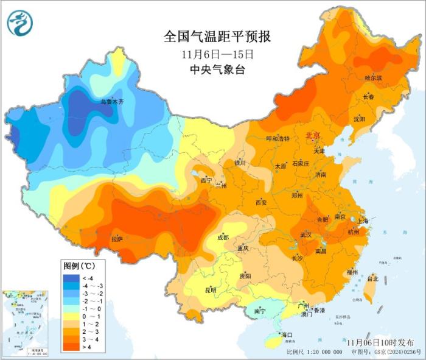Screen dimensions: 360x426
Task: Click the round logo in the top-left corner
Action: (x=21, y=22)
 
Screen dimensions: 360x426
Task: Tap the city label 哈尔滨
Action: (x=372, y=78)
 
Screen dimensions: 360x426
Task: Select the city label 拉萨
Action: (x=117, y=239)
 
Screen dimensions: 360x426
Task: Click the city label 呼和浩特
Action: (x=279, y=138)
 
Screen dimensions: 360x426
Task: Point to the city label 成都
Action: (x=223, y=238)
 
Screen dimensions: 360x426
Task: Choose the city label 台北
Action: (x=372, y=278)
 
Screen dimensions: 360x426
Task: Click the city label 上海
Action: (x=363, y=221)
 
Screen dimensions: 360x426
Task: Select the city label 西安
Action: (x=261, y=202)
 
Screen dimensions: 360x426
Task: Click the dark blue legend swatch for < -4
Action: (x=69, y=278)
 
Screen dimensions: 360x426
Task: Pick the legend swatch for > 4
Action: (x=69, y=347)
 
